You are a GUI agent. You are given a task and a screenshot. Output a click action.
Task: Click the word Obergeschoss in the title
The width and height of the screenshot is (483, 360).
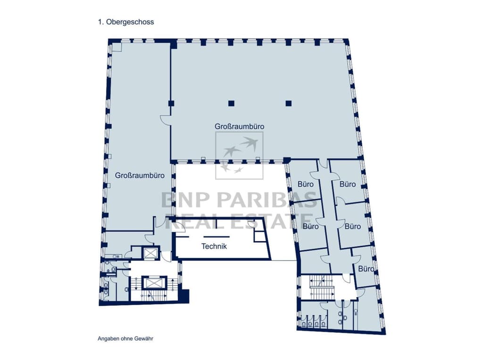pyautogui.click(x=130, y=22)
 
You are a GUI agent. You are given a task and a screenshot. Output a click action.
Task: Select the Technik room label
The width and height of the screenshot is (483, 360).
pyautogui.click(x=214, y=246)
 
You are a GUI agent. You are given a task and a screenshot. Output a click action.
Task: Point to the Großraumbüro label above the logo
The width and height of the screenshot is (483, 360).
pyautogui.click(x=239, y=126)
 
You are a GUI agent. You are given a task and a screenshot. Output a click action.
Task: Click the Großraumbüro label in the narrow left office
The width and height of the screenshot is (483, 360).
pyautogui.click(x=140, y=175)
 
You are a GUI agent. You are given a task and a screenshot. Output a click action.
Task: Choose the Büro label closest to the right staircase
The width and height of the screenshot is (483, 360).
pyautogui.click(x=366, y=269)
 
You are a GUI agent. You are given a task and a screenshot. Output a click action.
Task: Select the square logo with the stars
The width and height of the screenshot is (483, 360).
pyautogui.click(x=239, y=155)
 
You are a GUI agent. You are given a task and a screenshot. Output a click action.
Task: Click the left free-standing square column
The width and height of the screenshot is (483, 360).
pyautogui.click(x=231, y=103)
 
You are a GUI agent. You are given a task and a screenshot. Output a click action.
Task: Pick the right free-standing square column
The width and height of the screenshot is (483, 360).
pyautogui.click(x=289, y=103)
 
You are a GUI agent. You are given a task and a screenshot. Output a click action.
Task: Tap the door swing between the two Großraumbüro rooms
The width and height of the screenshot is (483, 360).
pyautogui.click(x=166, y=120)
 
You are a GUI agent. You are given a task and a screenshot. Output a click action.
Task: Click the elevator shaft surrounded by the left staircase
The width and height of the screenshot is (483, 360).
pyautogui.click(x=154, y=283)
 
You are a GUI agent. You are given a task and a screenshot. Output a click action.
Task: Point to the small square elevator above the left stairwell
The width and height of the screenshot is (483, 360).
pyautogui.click(x=150, y=253)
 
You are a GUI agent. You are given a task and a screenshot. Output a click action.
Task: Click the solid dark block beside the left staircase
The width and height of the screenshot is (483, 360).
pyautogui.click(x=184, y=296)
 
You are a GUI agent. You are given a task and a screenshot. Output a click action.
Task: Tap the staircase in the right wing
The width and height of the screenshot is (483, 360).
pyautogui.click(x=321, y=287)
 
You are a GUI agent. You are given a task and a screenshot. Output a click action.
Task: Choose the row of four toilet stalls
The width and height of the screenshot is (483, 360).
pyautogui.click(x=314, y=320)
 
